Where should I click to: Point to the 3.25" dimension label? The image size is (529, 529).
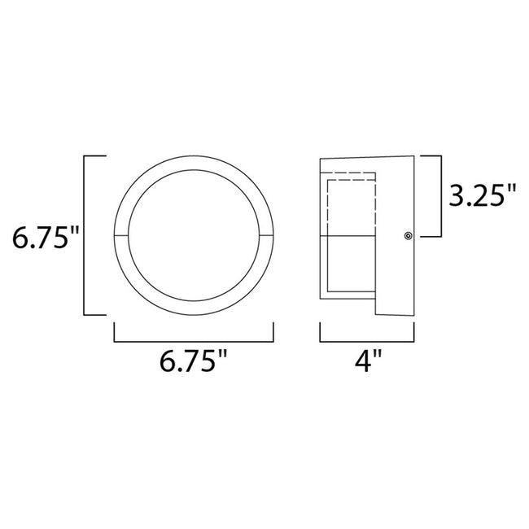click(x=482, y=195)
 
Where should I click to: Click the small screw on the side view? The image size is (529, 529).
click(x=408, y=236)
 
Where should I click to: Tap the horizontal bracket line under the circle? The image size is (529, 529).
click(x=194, y=343)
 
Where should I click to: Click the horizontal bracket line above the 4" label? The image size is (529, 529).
click(x=368, y=343)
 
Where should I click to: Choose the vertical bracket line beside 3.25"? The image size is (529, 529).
click(x=442, y=195)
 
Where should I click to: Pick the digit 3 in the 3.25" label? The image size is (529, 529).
click(x=457, y=195)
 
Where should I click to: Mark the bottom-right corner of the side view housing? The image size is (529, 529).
click(x=415, y=316)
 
